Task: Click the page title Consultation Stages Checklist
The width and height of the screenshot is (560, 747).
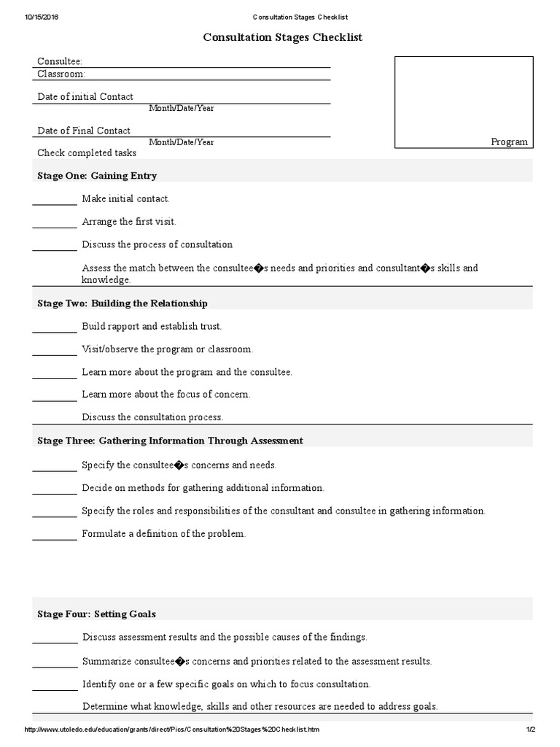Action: click(282, 36)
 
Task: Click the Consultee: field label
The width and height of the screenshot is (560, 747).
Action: click(60, 62)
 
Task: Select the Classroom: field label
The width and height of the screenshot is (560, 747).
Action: click(61, 74)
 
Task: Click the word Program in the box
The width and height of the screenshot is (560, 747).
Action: click(509, 142)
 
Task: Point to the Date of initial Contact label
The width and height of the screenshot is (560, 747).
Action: click(85, 96)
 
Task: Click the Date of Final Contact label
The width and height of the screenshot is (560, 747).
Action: click(84, 131)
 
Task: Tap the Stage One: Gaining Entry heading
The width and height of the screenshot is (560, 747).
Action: click(97, 176)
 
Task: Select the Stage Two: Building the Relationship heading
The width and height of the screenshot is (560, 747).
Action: click(122, 303)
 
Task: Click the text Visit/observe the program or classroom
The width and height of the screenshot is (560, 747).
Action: click(168, 349)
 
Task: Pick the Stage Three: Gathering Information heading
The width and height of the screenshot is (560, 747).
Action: click(170, 441)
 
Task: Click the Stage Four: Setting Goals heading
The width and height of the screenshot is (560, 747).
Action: click(96, 614)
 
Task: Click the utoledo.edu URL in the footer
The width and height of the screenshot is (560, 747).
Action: click(172, 729)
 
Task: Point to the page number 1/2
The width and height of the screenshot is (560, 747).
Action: click(530, 729)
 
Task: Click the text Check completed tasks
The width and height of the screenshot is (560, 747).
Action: click(87, 153)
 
